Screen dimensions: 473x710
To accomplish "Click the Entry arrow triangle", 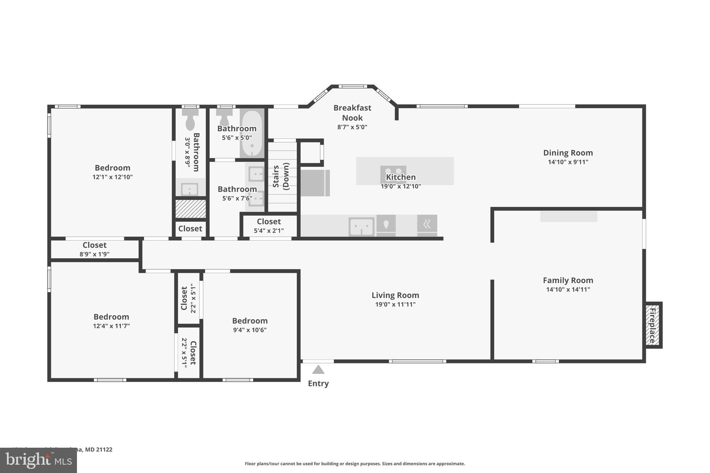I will pyautogui.click(x=318, y=370).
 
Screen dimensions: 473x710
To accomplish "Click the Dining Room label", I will pyautogui.click(x=568, y=153).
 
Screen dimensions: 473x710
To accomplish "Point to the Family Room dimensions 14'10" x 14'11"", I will pyautogui.click(x=568, y=289).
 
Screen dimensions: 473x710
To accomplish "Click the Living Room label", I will pyautogui.click(x=395, y=295).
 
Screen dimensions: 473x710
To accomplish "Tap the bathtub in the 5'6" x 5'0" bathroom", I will pyautogui.click(x=252, y=133).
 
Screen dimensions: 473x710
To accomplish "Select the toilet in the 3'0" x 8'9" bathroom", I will pyautogui.click(x=190, y=120).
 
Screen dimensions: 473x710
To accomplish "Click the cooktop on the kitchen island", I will pyautogui.click(x=393, y=172).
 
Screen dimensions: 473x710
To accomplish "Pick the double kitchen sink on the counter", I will pyautogui.click(x=361, y=227).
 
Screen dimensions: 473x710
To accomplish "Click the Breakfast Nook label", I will pyautogui.click(x=352, y=113).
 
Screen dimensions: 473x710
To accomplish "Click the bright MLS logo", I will pyautogui.click(x=38, y=460).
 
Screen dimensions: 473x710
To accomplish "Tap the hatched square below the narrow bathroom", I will pyautogui.click(x=190, y=209).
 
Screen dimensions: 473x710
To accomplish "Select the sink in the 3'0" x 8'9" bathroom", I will pyautogui.click(x=190, y=189).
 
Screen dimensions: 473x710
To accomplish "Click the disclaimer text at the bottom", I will pyautogui.click(x=355, y=464).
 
